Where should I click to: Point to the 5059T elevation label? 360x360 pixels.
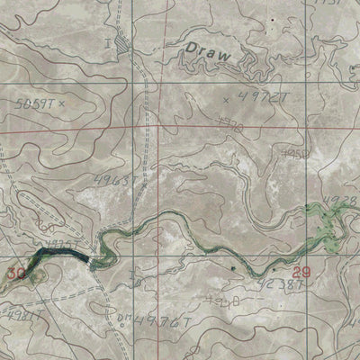click(35, 104)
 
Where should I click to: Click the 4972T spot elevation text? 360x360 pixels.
click(262, 94)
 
